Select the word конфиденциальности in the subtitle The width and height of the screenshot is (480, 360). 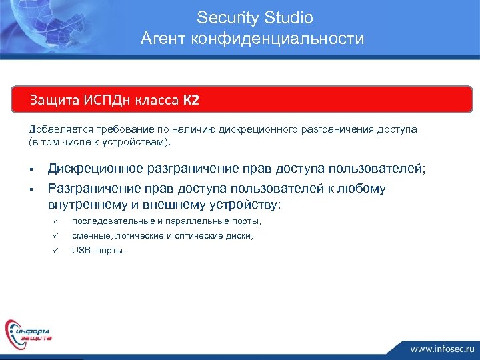click(x=277, y=39)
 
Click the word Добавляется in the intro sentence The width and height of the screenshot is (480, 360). click(x=57, y=129)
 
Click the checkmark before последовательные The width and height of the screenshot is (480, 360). click(x=57, y=221)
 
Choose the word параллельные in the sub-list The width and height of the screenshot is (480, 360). click(x=199, y=221)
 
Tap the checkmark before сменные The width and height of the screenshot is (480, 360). click(x=57, y=236)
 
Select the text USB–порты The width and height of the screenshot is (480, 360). click(x=98, y=251)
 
